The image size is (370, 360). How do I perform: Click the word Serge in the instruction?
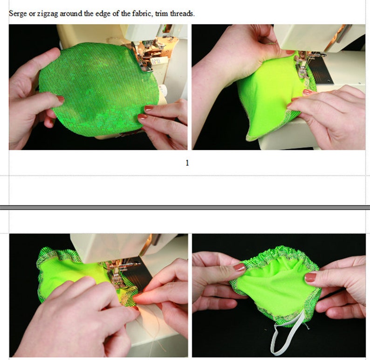click(18, 14)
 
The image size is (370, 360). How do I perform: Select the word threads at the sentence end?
click(182, 14)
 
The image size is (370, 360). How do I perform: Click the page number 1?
click(187, 163)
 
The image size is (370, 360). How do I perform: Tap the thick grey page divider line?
click(185, 207)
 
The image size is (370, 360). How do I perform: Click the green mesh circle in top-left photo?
click(93, 89)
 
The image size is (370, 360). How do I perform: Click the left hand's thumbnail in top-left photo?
click(60, 99)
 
